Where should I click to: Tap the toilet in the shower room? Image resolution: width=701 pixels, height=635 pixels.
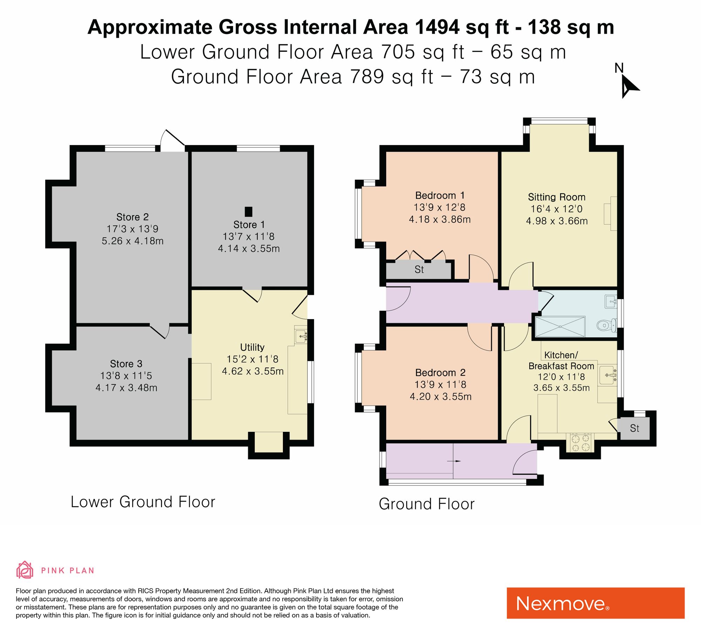pyautogui.click(x=607, y=325)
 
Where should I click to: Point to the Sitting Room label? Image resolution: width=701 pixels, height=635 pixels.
pyautogui.click(x=557, y=197)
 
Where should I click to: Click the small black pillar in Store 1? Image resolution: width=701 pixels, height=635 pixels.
pyautogui.click(x=248, y=212)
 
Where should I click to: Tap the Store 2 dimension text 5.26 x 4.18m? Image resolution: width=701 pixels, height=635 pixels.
pyautogui.click(x=132, y=241)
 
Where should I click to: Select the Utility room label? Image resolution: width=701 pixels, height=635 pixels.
pyautogui.click(x=252, y=347)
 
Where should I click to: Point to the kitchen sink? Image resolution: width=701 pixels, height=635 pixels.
pyautogui.click(x=608, y=375)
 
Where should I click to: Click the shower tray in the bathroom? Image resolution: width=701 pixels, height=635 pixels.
pyautogui.click(x=560, y=326)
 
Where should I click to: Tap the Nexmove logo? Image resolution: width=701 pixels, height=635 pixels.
pyautogui.click(x=595, y=603)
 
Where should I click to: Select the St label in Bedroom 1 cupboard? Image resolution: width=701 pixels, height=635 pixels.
pyautogui.click(x=419, y=269)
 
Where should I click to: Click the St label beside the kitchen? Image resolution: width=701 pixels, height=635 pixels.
pyautogui.click(x=634, y=428)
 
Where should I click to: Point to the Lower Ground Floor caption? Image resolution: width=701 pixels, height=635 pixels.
pyautogui.click(x=143, y=502)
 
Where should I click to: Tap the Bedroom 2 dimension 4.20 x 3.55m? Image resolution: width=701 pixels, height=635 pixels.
pyautogui.click(x=441, y=396)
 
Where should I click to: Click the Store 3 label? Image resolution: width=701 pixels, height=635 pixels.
pyautogui.click(x=126, y=364)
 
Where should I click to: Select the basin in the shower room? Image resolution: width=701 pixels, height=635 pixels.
pyautogui.click(x=611, y=301)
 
